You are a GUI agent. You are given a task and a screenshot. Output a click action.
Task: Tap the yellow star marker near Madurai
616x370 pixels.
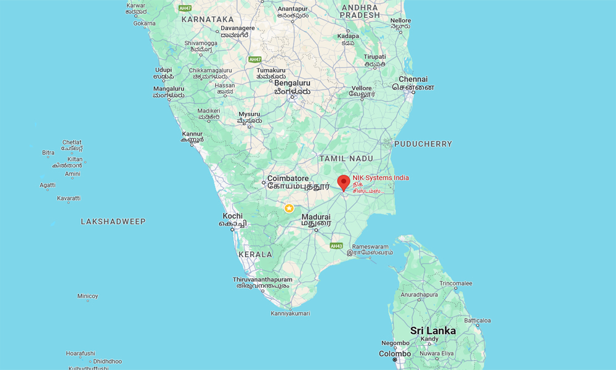[289, 208]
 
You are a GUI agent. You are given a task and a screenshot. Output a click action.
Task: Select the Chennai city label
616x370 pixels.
[413, 80]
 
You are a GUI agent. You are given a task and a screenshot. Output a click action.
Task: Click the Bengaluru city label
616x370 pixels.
[293, 83]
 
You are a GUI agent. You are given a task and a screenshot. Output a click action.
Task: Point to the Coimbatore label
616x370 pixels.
[288, 182]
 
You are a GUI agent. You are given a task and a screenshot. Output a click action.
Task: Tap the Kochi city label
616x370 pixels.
[233, 216]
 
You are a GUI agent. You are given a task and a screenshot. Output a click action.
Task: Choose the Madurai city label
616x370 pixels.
[316, 217]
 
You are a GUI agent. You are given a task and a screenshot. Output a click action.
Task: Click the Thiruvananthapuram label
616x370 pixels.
[262, 280]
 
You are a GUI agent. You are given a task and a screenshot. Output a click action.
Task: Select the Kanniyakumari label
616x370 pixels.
[290, 313]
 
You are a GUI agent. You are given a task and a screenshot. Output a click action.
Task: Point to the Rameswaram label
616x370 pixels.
[370, 247]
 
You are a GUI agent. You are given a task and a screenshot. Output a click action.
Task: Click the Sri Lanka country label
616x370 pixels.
[434, 331]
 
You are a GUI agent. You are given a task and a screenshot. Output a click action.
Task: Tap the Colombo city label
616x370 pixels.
[395, 354]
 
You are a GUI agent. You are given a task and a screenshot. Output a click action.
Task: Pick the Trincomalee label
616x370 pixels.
[456, 284]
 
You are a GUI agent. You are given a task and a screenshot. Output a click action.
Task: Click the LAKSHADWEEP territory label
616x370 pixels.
[113, 221]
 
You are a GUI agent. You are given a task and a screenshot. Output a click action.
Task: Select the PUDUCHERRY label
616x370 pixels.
[423, 144]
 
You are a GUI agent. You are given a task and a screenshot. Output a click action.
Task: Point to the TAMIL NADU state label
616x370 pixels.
[347, 158]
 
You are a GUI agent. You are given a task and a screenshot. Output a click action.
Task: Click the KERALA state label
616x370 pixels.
[255, 254]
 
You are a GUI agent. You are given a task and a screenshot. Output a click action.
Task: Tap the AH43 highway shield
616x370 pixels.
[336, 245]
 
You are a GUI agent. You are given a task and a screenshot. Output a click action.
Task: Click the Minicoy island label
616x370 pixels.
[87, 296]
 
